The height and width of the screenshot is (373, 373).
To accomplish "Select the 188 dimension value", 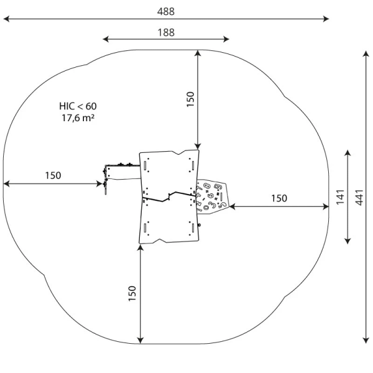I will [165, 32].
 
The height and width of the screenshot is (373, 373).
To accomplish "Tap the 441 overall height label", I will [359, 198].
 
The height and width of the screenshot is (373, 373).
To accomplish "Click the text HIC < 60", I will [78, 106].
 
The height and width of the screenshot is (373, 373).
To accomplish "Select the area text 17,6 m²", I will [78, 117].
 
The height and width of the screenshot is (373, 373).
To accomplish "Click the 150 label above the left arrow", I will [53, 175].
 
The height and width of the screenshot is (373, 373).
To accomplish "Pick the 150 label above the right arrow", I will [279, 198].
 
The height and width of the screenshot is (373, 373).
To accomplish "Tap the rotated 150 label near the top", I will [190, 99].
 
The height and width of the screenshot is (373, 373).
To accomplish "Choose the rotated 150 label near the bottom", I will [132, 293].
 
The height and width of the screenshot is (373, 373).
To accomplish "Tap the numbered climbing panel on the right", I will [211, 196].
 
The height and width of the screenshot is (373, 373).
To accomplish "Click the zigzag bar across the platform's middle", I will [168, 198].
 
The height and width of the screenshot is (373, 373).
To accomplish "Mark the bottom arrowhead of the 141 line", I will [348, 241].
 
